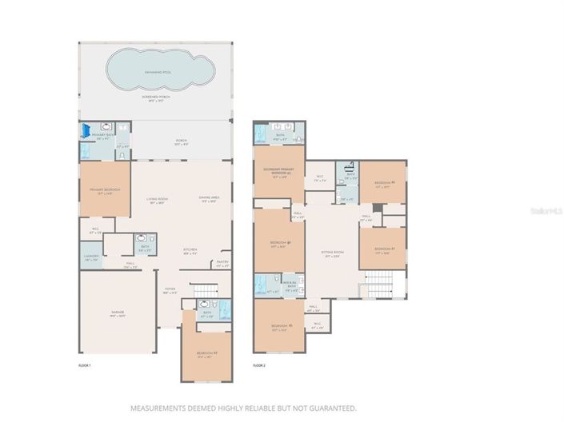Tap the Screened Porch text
[155, 99]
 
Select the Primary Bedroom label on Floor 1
[104, 192]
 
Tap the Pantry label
[222, 265]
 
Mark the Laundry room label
[90, 258]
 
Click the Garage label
[118, 315]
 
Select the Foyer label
[170, 290]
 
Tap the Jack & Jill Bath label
[292, 285]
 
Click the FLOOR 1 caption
[84, 365]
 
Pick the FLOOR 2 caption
[258, 365]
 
